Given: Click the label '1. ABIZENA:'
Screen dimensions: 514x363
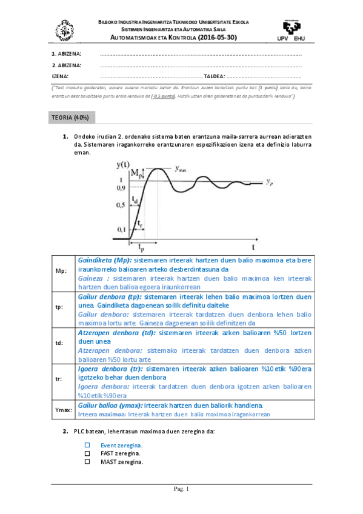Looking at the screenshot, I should pos(67,54).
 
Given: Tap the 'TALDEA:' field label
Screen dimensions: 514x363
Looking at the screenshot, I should pos(214,76).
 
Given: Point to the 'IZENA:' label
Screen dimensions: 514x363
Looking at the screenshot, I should pos(60,76).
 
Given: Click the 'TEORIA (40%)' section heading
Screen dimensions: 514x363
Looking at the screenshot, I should pos(71,116).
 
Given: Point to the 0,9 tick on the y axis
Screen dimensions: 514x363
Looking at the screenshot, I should pos(121,189).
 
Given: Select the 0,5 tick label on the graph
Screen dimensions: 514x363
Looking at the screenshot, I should pos(121,206).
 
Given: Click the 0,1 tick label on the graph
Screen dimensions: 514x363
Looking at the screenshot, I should pos(121,230).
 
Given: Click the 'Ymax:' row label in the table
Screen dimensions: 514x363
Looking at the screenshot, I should pos(63,410).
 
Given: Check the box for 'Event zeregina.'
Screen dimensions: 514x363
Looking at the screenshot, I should pos(87,445).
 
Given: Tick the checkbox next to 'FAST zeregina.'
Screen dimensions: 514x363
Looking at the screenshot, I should pos(87,453).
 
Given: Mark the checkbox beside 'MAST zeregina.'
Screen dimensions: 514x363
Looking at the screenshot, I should pos(87,461).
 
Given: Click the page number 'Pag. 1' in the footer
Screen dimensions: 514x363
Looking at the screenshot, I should pos(182,489).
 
